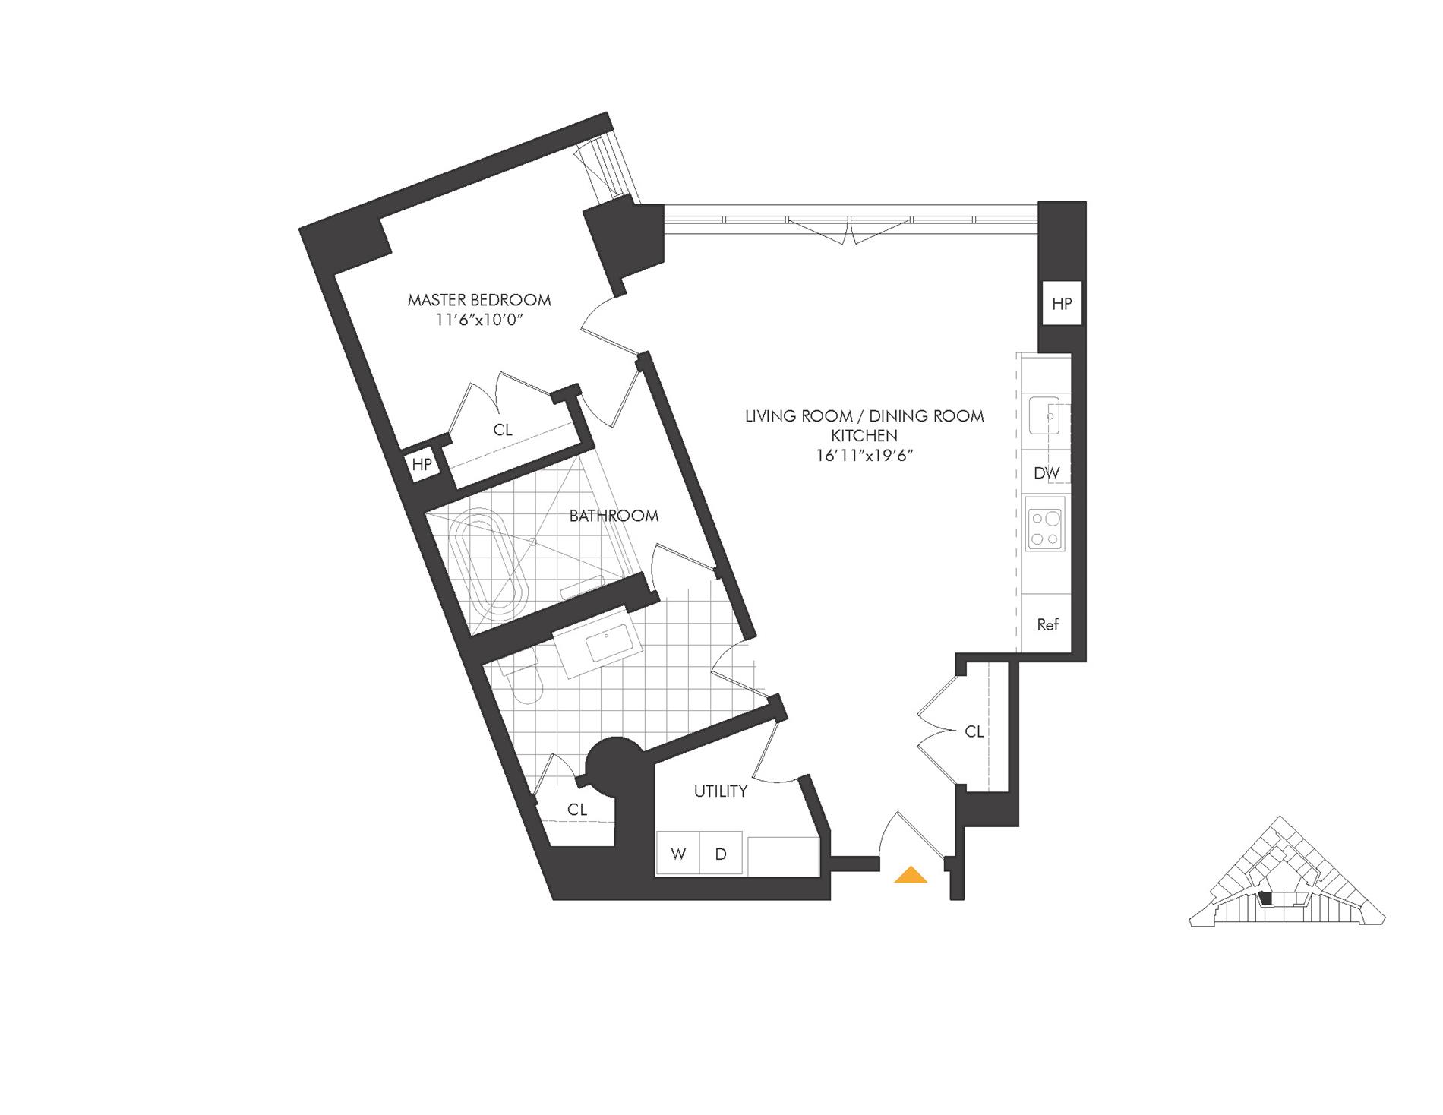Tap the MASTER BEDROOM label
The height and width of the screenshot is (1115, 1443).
coord(479,300)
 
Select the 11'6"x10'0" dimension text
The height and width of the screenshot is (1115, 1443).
coord(478,321)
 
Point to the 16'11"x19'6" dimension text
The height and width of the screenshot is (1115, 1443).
coord(864,456)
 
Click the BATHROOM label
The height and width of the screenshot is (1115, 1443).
coord(614,516)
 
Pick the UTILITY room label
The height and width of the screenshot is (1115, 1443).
coord(720,791)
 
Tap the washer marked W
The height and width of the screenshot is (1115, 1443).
coord(678,854)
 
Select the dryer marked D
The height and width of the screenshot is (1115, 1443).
coord(721,854)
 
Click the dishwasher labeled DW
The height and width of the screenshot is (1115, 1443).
coord(1047,473)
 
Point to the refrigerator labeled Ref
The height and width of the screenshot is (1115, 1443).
coord(1047,625)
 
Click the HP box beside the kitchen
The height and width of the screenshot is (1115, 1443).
coord(1062,304)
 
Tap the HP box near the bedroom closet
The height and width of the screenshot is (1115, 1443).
coord(422,464)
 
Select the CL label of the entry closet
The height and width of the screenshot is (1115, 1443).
coord(974,731)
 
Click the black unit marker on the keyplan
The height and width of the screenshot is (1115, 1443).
coord(1265,898)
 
